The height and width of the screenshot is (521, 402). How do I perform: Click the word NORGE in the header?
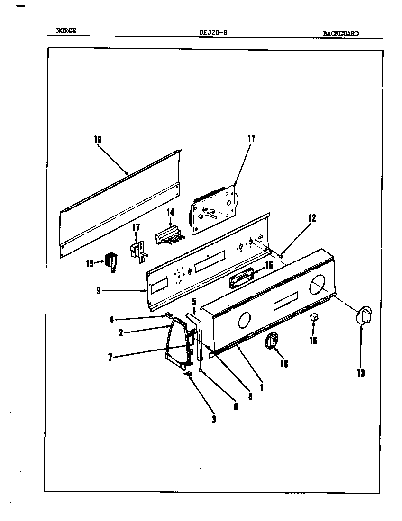(66, 31)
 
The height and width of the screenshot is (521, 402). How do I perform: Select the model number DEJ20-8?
(213, 33)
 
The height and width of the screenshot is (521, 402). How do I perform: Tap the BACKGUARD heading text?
(341, 34)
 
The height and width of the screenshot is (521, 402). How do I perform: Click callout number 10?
(98, 139)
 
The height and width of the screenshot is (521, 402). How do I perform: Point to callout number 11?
(251, 139)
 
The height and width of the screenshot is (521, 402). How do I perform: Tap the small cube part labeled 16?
(313, 317)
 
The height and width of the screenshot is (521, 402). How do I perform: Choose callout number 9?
(98, 291)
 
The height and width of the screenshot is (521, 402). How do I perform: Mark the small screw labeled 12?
(281, 256)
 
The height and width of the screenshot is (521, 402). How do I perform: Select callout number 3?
(213, 419)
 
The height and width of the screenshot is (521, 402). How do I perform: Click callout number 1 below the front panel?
(262, 387)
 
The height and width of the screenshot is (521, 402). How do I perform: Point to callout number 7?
(110, 357)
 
